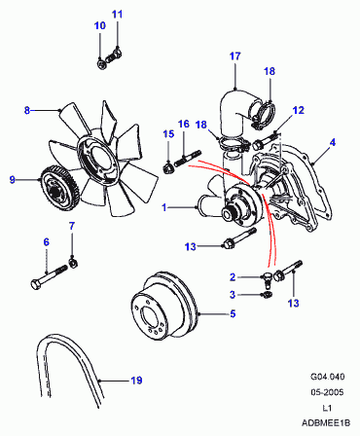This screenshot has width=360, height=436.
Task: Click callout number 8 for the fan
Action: pos(27,110)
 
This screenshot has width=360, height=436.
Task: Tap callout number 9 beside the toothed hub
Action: pos(13,179)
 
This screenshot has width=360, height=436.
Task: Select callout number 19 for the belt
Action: pos(136,381)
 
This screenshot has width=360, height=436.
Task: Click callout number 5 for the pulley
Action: pos(233,314)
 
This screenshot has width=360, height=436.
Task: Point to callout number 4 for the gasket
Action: pos(333,142)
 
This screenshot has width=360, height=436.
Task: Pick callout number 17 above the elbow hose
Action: pos(235,56)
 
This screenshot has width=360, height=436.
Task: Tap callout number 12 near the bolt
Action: pos(299,110)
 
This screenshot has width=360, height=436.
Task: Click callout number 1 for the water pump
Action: pos(164,207)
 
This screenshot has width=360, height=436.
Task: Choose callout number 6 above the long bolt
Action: pos(46,242)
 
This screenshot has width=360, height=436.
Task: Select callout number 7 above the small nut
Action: pos(72,226)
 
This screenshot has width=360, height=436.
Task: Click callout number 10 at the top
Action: pos(100,25)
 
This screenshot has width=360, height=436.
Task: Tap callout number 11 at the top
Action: pos(118,15)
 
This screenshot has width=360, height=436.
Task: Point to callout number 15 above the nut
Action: pos(168,134)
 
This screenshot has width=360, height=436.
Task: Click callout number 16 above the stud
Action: pos(184,124)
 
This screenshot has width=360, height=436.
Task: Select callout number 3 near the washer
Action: pos(233,295)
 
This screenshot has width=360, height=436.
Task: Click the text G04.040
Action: pos(328,377)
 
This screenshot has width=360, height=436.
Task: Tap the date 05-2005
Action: pos(327,392)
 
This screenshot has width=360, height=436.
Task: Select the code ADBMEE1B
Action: pos(326,423)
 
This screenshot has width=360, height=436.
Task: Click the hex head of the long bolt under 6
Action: pos(35,285)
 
